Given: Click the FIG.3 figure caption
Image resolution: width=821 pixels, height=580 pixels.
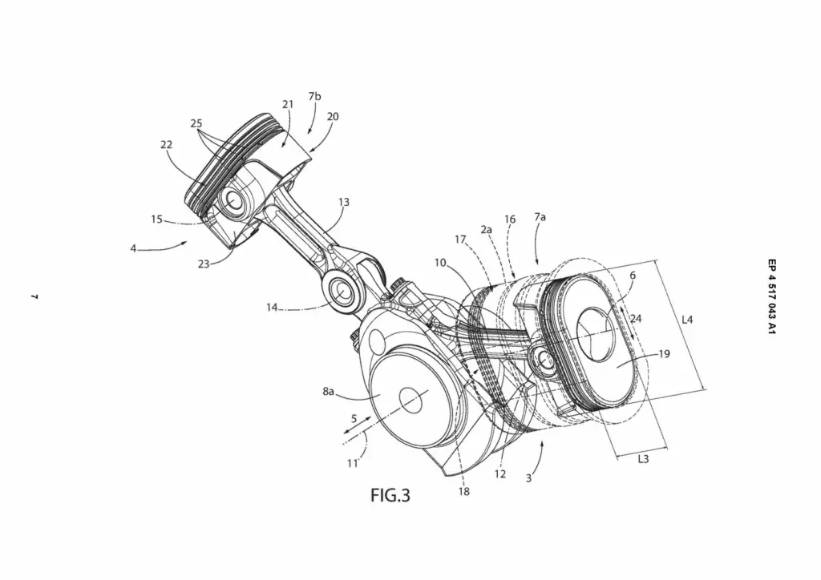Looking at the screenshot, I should point(390,496).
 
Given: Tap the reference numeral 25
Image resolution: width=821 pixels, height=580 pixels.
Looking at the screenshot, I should point(196,123).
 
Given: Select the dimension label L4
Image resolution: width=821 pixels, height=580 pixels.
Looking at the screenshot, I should point(687,320).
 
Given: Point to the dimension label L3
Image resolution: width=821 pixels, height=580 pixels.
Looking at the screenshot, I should point(643,460).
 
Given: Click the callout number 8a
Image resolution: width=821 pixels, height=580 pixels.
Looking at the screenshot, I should point(329,391).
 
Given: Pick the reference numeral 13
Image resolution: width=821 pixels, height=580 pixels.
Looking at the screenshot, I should point(343,203).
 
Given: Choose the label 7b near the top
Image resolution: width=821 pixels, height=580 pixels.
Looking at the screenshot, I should point(314,96).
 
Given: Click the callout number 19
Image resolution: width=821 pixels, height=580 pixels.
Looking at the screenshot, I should point(665,353).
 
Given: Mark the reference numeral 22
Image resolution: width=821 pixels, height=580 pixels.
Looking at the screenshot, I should point(166,144).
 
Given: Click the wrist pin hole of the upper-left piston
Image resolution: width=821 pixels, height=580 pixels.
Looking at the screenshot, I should point(236,200).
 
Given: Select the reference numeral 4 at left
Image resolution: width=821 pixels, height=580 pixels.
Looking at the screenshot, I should point(133,248).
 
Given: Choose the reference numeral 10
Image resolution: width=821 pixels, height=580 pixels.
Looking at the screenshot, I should point(441,262).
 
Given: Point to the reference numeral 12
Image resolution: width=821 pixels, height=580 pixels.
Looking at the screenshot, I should point(499,475).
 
